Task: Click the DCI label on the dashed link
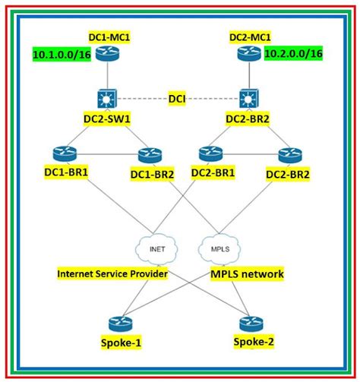180,96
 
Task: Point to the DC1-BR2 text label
153,174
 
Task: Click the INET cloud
157,248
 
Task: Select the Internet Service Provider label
112,272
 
